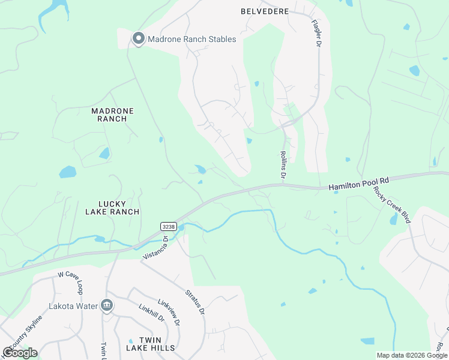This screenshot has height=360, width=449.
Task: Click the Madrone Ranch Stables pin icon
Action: coord(138,40)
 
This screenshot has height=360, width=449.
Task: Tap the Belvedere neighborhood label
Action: coord(265,11)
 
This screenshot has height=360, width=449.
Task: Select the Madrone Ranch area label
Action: coord(112,115)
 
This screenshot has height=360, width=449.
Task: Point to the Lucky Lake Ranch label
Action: coord(112,207)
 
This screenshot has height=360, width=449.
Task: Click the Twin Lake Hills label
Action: coord(151,343)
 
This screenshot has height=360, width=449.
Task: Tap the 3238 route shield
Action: coord(169,226)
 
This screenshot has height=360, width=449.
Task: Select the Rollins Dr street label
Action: coord(282,164)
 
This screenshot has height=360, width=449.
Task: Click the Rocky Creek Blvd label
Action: coord(392,205)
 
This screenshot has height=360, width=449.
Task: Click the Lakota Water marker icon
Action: coord(107,305)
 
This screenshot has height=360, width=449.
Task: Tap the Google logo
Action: coord(20,352)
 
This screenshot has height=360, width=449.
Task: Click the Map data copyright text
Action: coord(411,355)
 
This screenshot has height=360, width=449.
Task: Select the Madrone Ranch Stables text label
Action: coord(192,40)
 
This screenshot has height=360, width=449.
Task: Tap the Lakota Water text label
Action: coord(73,306)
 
